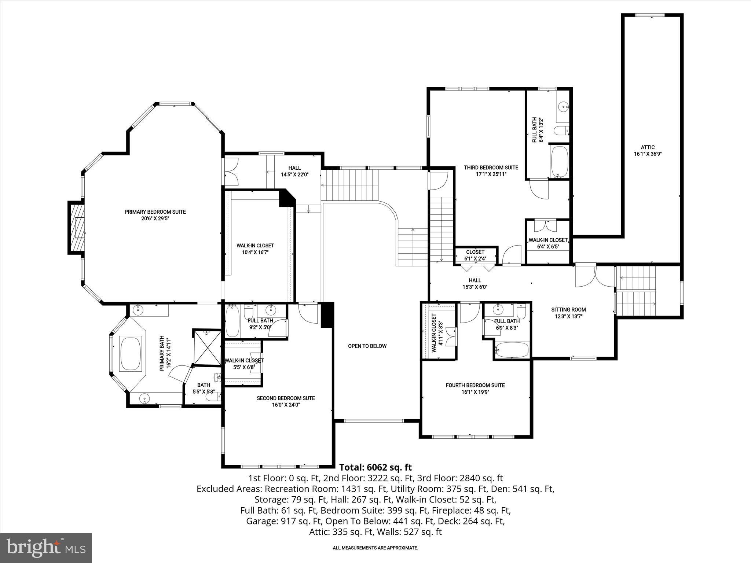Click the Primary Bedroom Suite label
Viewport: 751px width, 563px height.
click(x=155, y=212)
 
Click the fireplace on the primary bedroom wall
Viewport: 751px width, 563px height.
click(x=76, y=228)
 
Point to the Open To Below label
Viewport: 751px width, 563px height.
click(x=367, y=346)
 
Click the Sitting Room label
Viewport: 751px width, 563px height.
click(x=568, y=310)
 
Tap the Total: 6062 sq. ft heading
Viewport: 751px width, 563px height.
click(x=375, y=467)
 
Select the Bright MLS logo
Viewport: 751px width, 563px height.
click(x=46, y=548)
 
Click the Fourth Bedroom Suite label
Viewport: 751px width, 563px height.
click(x=475, y=385)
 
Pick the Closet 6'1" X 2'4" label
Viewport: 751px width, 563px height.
click(x=475, y=252)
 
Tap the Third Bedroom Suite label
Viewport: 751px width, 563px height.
click(x=491, y=168)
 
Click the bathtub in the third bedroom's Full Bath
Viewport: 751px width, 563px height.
click(x=560, y=162)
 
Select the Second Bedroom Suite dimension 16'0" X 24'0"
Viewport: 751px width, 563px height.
click(x=286, y=405)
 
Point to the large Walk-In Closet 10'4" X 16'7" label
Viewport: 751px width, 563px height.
click(x=255, y=246)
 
